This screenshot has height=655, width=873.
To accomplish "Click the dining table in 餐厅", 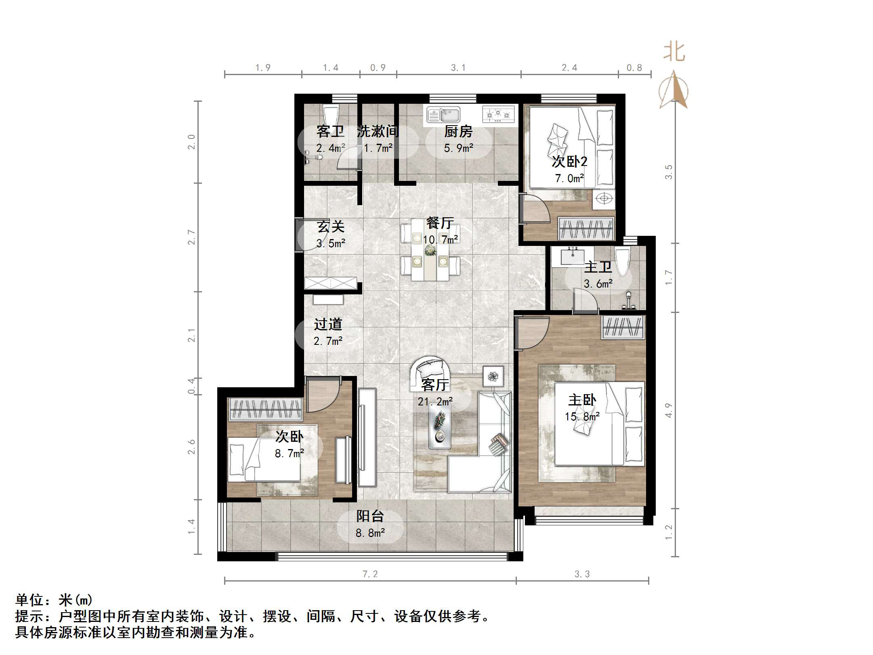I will click(x=430, y=250).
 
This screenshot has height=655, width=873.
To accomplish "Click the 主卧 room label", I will click(x=582, y=400).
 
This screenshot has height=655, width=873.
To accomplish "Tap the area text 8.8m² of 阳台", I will click(x=370, y=533).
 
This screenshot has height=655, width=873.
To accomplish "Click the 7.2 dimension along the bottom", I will click(x=370, y=574).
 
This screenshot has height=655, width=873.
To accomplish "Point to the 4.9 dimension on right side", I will click(x=668, y=410).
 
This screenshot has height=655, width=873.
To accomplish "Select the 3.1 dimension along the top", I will click(x=458, y=68).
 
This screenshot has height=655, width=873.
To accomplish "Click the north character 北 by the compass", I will click(x=674, y=52).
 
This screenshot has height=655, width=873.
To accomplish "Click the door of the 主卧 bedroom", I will click(x=532, y=333).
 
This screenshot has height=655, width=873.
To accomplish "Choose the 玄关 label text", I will click(x=330, y=227).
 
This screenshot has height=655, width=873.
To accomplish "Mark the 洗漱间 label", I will click(x=378, y=131).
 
